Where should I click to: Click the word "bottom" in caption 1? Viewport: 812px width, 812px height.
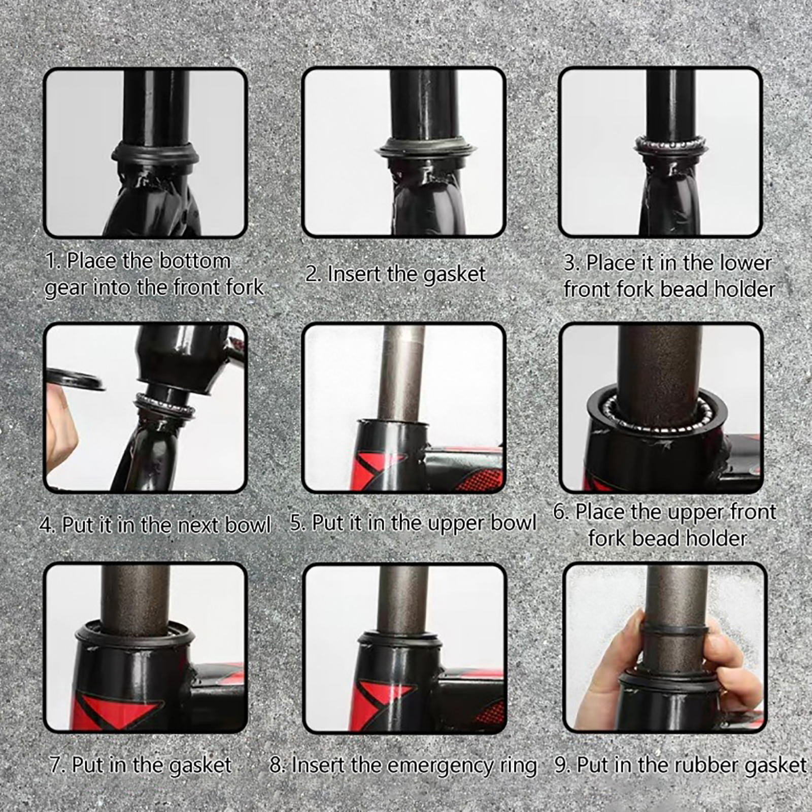coord(194,261)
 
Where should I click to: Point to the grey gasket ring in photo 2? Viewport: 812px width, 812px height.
coord(426,147)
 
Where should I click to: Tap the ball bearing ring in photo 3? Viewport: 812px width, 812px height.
coord(671,144)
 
